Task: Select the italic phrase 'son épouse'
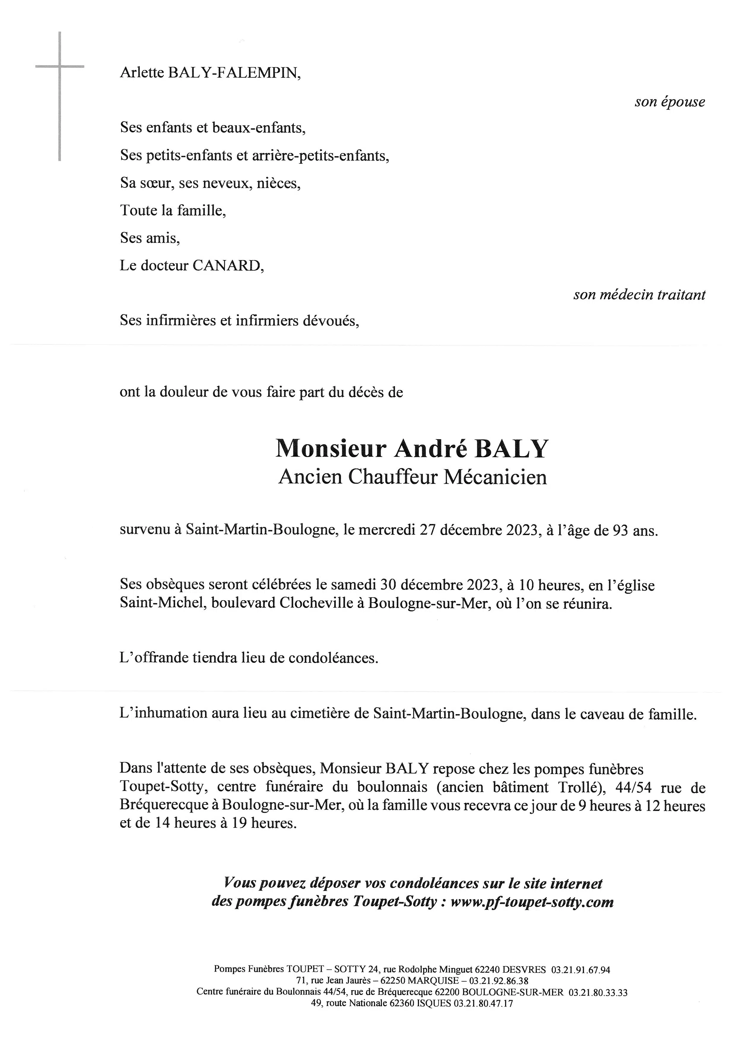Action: click(670, 102)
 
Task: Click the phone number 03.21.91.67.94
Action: click(580, 970)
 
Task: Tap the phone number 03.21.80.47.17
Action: click(483, 1003)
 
